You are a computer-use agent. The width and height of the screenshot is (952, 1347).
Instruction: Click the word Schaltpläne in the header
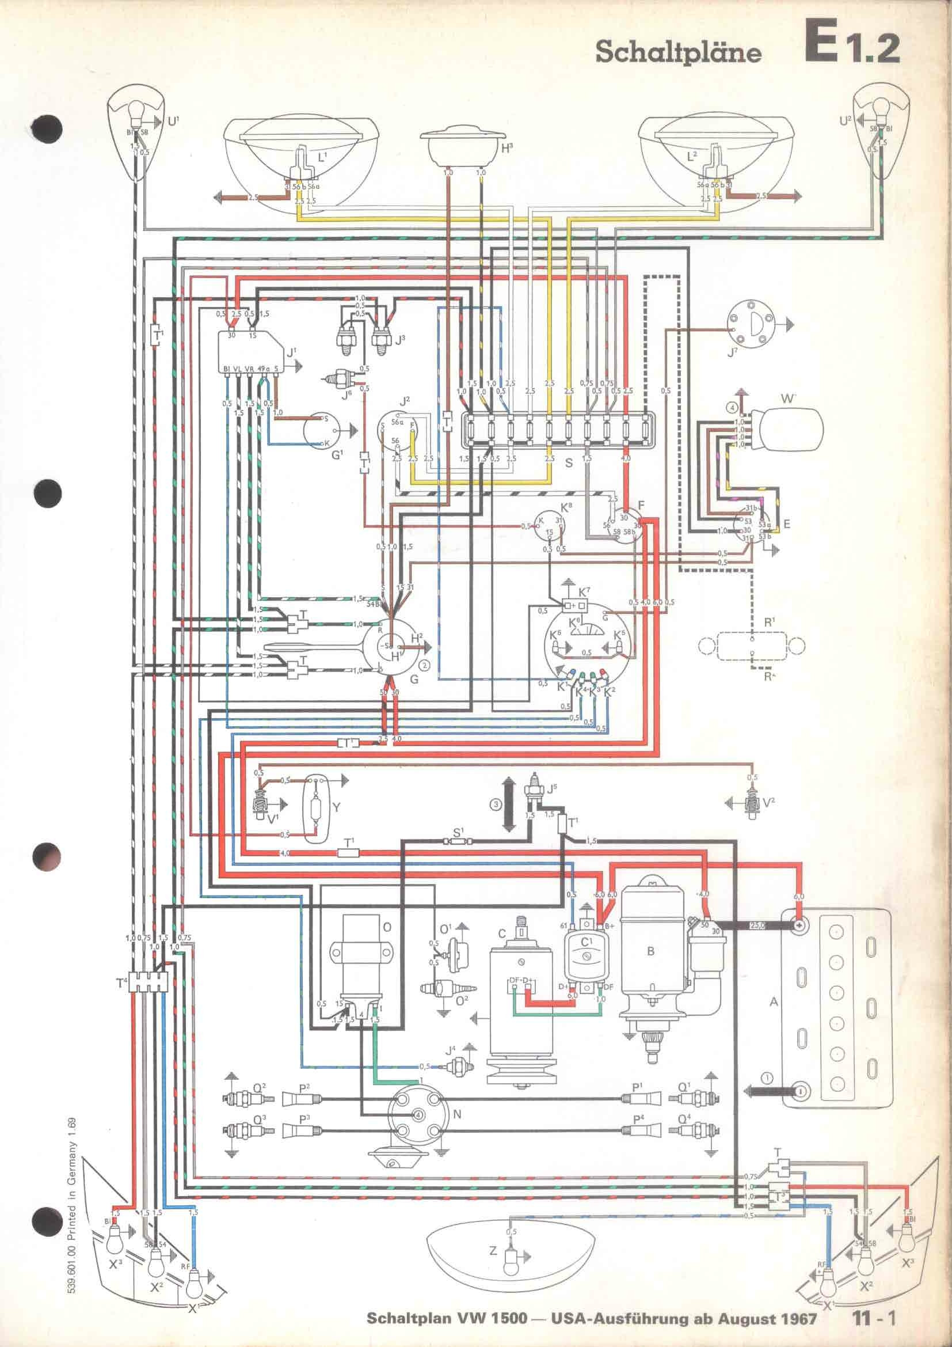(x=678, y=53)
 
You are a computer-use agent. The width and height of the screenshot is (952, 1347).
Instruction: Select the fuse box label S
(x=568, y=463)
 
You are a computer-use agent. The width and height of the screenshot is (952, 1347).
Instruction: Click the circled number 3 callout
(x=497, y=805)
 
